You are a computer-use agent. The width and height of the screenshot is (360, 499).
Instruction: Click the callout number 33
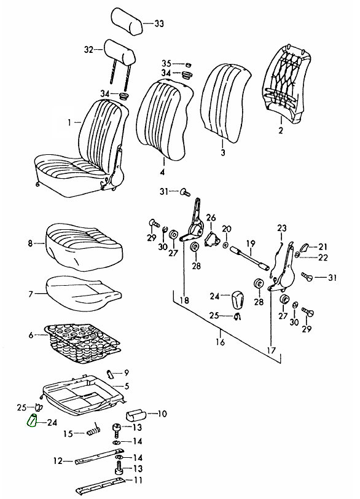(x=159, y=23)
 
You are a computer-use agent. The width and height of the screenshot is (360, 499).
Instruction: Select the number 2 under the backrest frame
(x=281, y=130)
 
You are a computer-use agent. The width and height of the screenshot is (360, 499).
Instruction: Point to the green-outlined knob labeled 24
(x=32, y=421)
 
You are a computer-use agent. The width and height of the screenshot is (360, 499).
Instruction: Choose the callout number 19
(x=251, y=244)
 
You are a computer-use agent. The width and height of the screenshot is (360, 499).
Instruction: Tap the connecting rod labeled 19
(x=249, y=257)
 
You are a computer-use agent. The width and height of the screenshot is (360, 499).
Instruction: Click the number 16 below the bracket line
(x=220, y=342)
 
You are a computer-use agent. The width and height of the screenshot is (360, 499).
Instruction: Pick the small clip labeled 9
(x=110, y=374)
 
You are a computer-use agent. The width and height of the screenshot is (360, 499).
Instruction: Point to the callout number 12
(x=58, y=461)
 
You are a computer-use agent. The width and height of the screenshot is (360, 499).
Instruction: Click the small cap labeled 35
(x=188, y=65)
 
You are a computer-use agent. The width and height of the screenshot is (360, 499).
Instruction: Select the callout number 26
(x=211, y=218)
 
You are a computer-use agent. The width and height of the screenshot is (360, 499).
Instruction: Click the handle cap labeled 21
(x=305, y=247)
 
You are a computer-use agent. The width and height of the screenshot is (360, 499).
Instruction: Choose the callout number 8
(x=30, y=244)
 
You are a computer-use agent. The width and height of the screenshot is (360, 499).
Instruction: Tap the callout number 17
(x=272, y=350)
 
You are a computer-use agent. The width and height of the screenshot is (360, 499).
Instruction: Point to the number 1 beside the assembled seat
(x=69, y=122)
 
